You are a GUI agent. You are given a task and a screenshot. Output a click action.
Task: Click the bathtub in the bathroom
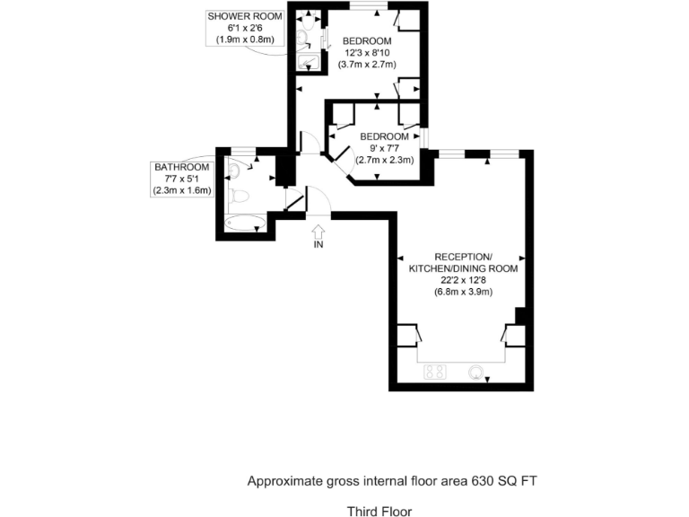(245, 222)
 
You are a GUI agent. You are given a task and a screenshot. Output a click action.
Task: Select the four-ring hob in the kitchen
(436, 370)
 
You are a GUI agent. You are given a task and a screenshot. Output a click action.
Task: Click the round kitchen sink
(475, 370)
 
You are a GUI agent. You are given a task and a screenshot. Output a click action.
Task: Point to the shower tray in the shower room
(308, 62)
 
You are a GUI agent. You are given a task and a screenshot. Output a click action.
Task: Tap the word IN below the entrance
(318, 244)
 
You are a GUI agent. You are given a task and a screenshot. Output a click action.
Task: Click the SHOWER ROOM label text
(244, 16)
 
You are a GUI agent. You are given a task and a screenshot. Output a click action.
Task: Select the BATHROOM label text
(182, 167)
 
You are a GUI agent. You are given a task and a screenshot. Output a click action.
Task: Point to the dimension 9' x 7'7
(384, 148)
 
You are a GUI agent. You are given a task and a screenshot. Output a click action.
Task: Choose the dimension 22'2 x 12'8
(463, 279)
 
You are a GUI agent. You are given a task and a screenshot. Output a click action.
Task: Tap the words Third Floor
(379, 512)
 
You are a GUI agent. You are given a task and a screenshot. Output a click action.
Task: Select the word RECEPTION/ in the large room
(463, 256)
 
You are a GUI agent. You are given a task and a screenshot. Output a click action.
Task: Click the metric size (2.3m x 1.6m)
(182, 189)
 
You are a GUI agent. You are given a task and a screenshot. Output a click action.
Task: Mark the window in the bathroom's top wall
(242, 149)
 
